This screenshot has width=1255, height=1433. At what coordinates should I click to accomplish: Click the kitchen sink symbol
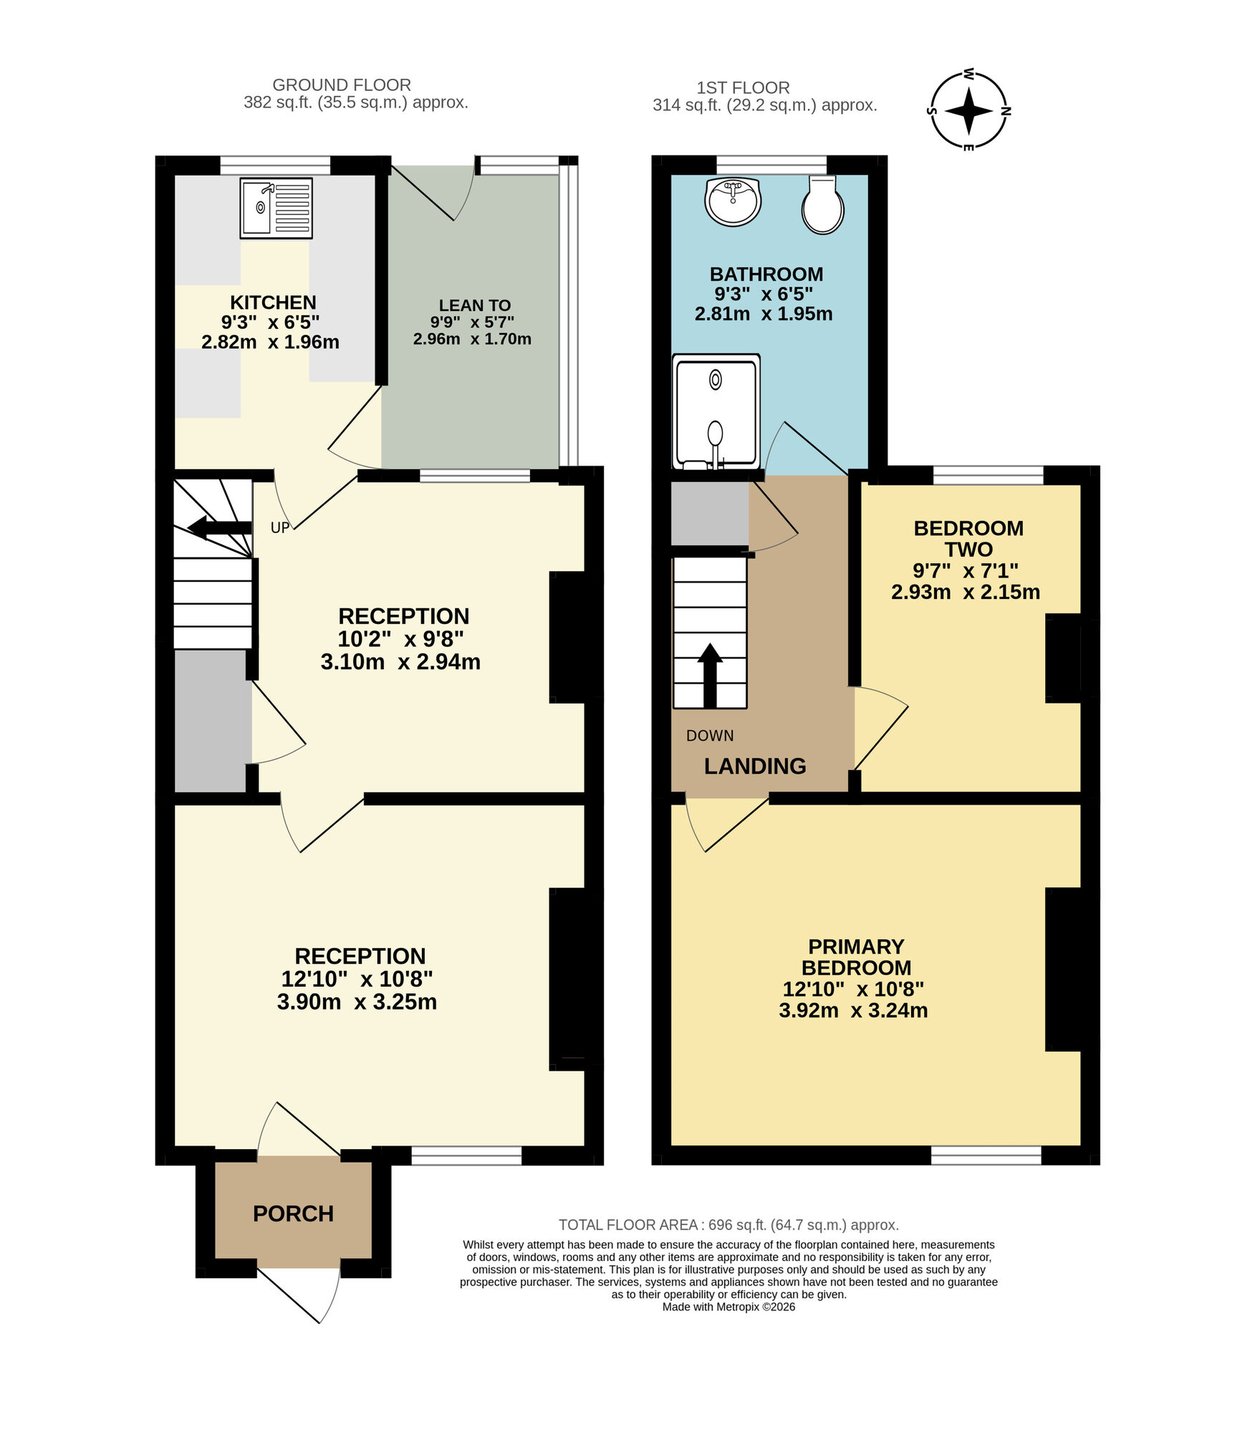(x=276, y=208)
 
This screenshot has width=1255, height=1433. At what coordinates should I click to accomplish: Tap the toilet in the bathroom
(x=822, y=206)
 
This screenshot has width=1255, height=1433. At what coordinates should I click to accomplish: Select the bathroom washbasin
(x=732, y=201)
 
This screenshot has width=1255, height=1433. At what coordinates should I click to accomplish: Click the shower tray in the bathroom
(x=716, y=412)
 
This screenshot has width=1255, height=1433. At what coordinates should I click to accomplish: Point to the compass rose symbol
(x=968, y=111)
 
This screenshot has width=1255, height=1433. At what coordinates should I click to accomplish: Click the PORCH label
(x=293, y=1213)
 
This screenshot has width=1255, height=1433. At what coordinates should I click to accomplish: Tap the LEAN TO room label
(x=474, y=305)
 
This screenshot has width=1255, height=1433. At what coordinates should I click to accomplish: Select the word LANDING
(x=754, y=766)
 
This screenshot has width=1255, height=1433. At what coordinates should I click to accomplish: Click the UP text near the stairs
(x=280, y=527)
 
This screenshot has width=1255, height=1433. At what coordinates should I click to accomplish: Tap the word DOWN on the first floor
(x=709, y=735)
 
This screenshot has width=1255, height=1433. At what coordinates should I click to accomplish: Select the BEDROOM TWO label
(x=968, y=539)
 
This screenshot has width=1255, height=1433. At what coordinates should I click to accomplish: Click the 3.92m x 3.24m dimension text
(x=852, y=1010)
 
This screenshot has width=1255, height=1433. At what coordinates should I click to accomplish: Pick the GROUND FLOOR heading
(x=342, y=85)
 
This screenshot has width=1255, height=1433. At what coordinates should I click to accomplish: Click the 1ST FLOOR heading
(x=743, y=87)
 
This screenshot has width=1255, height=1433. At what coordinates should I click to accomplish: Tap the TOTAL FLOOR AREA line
(x=728, y=1224)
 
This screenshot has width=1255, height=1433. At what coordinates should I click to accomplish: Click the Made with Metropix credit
(x=728, y=1306)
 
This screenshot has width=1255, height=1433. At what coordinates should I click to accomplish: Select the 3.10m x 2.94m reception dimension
(x=400, y=661)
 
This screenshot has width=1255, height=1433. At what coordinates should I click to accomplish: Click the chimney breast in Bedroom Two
(x=1062, y=657)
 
